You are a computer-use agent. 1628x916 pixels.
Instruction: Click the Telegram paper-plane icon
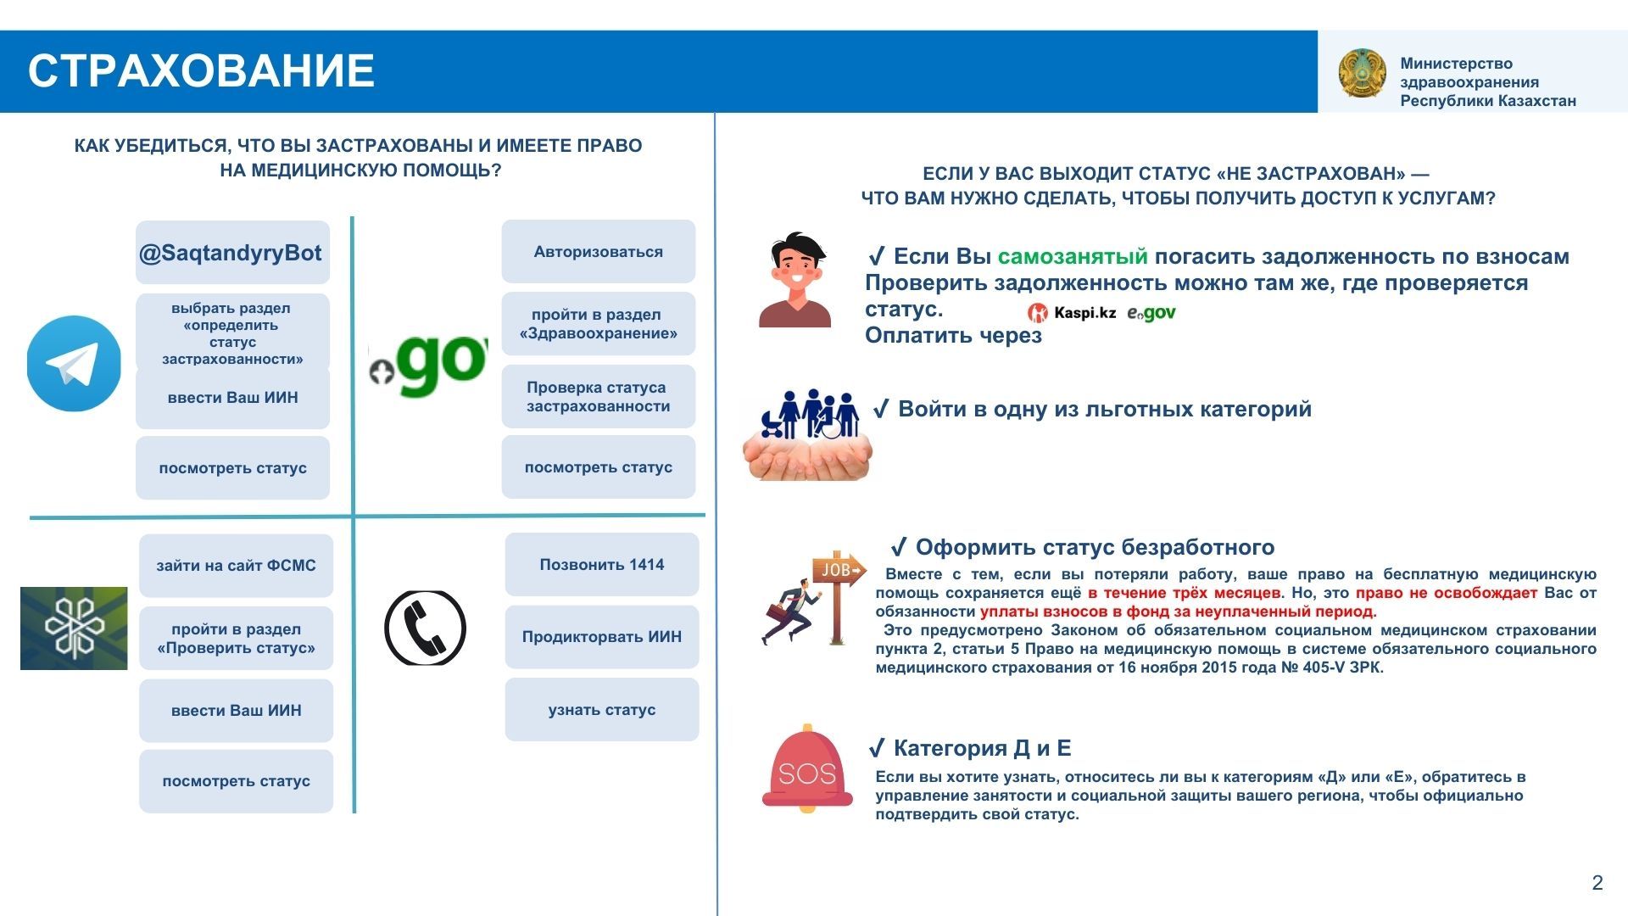tap(74, 364)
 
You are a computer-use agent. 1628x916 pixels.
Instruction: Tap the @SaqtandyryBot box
tap(232, 253)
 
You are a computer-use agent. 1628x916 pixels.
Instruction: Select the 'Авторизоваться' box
tap(598, 252)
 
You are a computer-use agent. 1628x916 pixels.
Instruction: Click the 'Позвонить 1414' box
tap(601, 565)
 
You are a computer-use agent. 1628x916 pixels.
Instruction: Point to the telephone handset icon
tap(425, 628)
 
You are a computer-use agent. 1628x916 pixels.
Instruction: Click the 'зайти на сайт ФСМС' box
tap(236, 566)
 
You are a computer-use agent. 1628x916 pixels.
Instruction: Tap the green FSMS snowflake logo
tap(74, 628)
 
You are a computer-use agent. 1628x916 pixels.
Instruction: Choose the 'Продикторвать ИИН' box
tap(601, 637)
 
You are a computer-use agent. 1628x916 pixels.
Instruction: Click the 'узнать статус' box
tap(601, 710)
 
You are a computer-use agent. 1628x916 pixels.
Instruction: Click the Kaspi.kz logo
tap(1073, 313)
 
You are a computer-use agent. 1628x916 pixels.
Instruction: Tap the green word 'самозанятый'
tap(1073, 256)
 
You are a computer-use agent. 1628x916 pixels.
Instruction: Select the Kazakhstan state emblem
tap(1362, 73)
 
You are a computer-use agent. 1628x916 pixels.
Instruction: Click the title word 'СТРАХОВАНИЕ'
tap(201, 70)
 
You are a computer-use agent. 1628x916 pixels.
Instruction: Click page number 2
tap(1597, 883)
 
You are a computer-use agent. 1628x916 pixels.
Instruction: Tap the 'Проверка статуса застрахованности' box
tap(598, 397)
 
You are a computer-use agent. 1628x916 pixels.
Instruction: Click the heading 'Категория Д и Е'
tap(982, 748)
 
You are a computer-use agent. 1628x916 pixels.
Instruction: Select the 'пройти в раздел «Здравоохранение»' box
tap(598, 324)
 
